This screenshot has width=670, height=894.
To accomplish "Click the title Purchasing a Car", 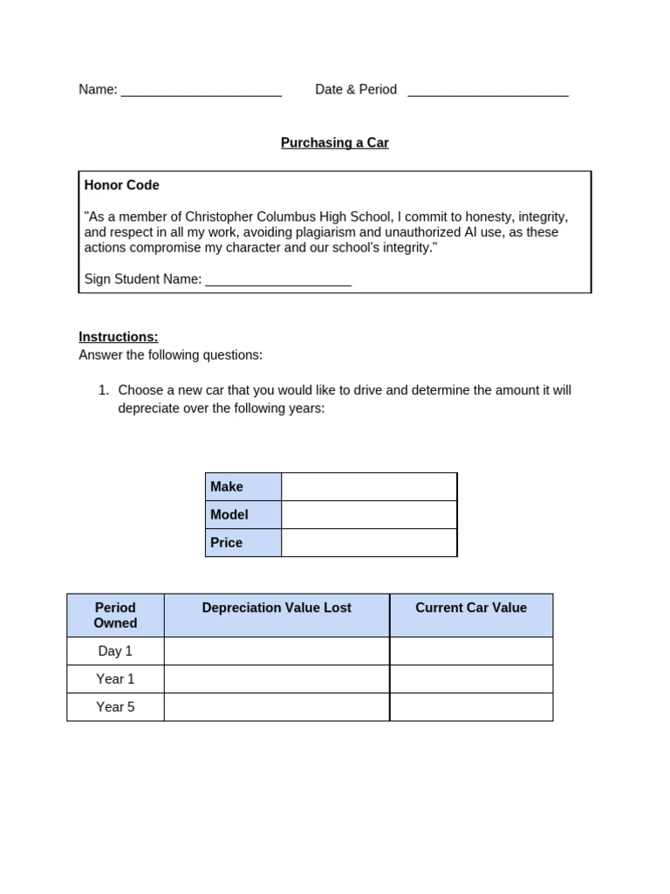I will pyautogui.click(x=334, y=143).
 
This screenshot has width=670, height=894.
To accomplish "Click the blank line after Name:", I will pyautogui.click(x=201, y=91).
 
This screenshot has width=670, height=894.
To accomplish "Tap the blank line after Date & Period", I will pyautogui.click(x=488, y=91).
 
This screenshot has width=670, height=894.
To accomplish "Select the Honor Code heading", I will pyautogui.click(x=121, y=186).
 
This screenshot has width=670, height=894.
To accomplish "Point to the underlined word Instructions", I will pyautogui.click(x=118, y=337).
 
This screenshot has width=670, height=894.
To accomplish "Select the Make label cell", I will pyautogui.click(x=243, y=487).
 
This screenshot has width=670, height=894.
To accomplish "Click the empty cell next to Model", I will pyautogui.click(x=369, y=515).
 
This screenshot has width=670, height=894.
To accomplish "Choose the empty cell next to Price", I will pyautogui.click(x=369, y=543).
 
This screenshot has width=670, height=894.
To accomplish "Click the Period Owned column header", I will pyautogui.click(x=115, y=615).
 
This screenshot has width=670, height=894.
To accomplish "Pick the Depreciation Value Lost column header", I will pyautogui.click(x=277, y=609).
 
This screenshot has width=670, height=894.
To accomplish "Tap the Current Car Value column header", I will pyautogui.click(x=471, y=609).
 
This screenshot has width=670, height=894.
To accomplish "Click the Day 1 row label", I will pyautogui.click(x=115, y=651).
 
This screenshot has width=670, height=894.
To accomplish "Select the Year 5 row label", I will pyautogui.click(x=115, y=707).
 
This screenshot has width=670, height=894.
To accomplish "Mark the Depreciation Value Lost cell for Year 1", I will pyautogui.click(x=277, y=679).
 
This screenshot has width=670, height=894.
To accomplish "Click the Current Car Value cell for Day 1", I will pyautogui.click(x=471, y=651).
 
